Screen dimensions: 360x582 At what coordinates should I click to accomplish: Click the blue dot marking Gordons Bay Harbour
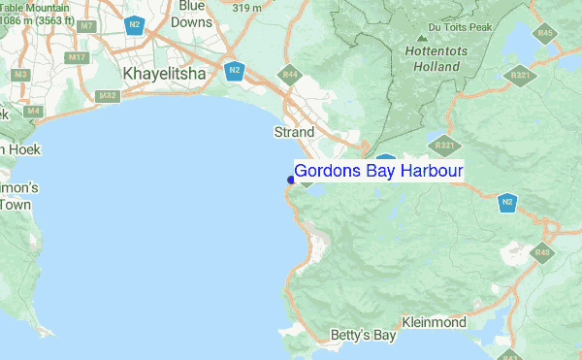click(291, 180)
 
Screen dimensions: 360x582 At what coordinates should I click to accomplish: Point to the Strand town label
click(294, 132)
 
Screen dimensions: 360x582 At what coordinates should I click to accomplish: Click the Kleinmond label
click(434, 321)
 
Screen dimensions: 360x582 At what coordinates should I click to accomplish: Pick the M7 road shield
click(87, 25)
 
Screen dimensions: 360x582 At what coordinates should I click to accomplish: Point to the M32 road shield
click(108, 95)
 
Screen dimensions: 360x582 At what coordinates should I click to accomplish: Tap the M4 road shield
click(33, 111)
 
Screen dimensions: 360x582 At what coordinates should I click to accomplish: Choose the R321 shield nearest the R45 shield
click(522, 75)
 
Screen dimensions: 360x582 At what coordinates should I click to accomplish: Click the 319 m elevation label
click(247, 8)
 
